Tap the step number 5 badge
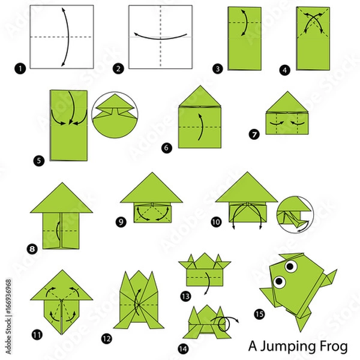39,161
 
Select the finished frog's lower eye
280,280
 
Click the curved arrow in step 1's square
64,36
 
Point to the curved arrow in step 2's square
160,35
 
